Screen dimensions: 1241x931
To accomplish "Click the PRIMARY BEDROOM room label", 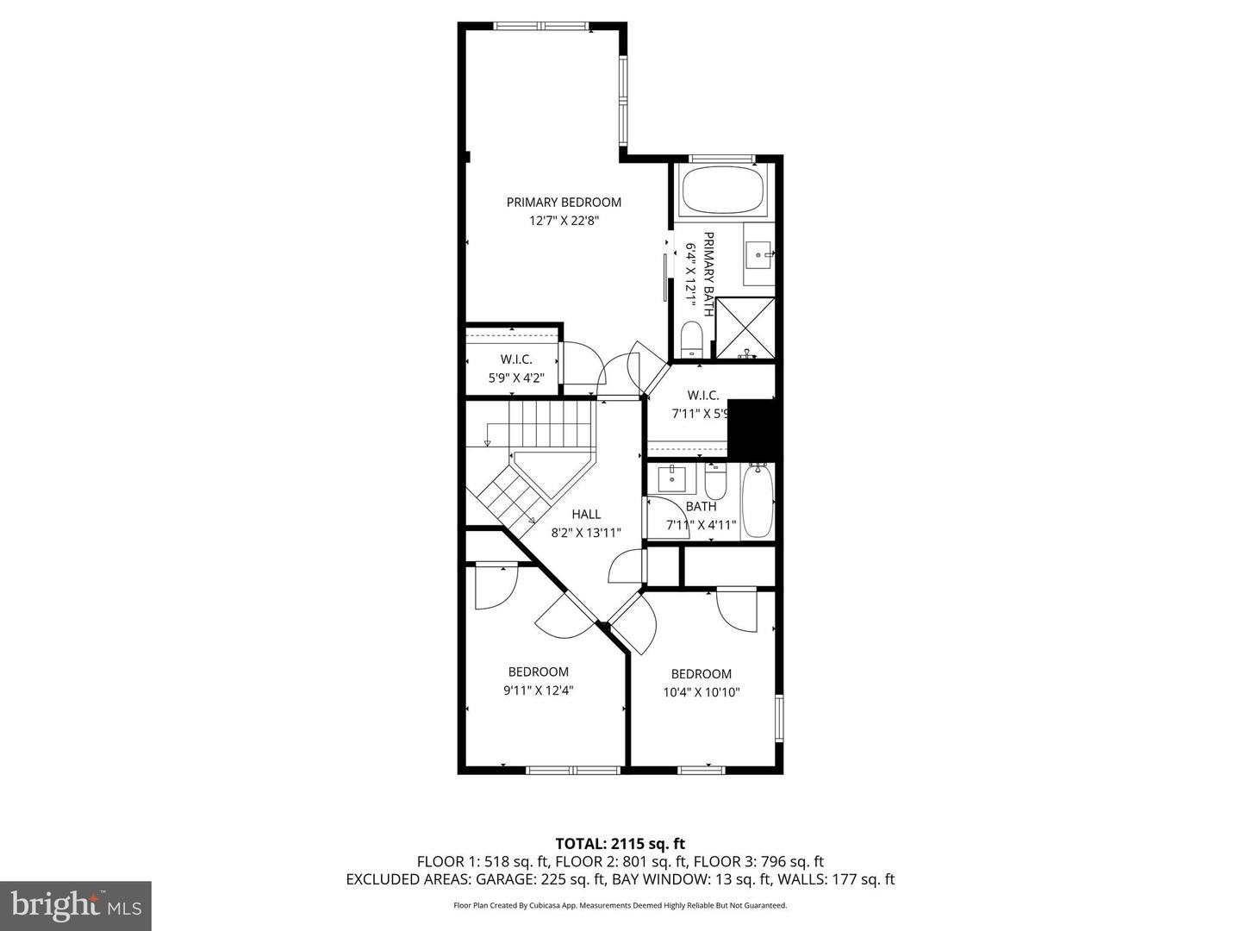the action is [x=564, y=203].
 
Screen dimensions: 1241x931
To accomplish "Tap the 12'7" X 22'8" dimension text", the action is [x=564, y=221].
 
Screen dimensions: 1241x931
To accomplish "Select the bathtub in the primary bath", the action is [x=722, y=191].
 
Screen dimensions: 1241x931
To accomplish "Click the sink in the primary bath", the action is [x=758, y=255].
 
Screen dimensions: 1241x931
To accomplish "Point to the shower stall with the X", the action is [x=745, y=328].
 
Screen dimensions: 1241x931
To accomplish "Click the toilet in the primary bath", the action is [x=691, y=339].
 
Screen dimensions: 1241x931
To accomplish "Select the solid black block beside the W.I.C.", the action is [x=754, y=428].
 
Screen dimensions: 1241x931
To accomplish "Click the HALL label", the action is [x=586, y=515].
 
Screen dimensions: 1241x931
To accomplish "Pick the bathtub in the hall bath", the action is [x=757, y=500].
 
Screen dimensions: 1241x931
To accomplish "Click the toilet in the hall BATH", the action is [x=715, y=481].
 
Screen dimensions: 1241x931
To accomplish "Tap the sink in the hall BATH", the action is [x=672, y=478].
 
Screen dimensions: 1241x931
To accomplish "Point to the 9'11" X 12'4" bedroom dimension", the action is [x=539, y=690].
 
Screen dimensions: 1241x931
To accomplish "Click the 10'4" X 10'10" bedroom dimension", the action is [x=702, y=692].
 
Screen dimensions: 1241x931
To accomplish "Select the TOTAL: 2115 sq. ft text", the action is [x=620, y=844].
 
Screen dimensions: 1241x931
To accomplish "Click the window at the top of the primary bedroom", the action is [x=541, y=26].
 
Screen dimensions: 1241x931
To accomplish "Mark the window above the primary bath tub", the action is [x=722, y=159].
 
